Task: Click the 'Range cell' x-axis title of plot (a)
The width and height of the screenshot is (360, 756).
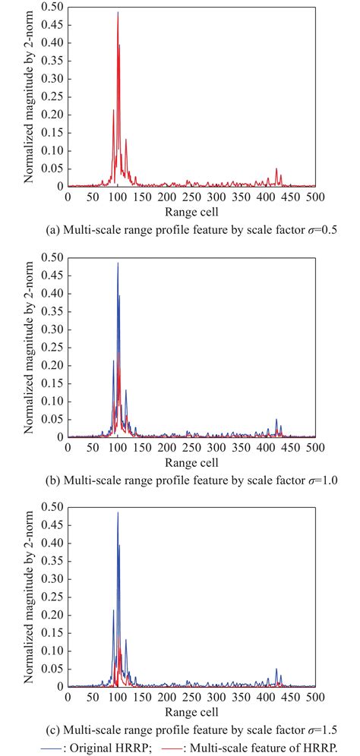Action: click(192, 210)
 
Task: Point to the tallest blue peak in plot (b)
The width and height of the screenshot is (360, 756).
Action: click(118, 264)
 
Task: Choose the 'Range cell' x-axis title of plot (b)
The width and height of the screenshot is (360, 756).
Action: click(192, 461)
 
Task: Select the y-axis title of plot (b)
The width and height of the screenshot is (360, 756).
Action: click(29, 348)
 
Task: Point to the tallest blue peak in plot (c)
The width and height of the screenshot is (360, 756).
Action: click(118, 514)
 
